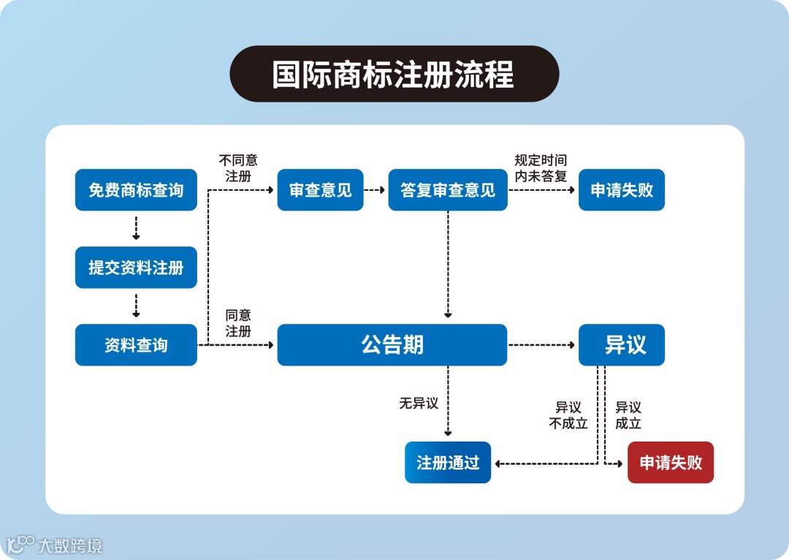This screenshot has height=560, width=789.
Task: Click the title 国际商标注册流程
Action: [394, 74]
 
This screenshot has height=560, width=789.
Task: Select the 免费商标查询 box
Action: [136, 190]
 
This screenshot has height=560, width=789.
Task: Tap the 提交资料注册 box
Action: [136, 268]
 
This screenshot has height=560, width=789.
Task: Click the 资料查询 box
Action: [136, 345]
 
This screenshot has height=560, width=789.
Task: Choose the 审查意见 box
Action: [320, 190]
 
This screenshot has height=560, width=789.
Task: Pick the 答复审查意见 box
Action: [447, 190]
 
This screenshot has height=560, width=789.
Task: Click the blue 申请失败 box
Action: [621, 190]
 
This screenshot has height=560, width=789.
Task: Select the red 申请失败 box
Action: [670, 463]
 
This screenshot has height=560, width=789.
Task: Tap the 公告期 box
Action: [392, 345]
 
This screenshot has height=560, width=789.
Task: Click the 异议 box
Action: [621, 345]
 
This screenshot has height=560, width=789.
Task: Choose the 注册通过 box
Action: [447, 463]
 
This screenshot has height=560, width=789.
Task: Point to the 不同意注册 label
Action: [238, 168]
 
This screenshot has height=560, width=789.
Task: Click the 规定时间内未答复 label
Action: [541, 168]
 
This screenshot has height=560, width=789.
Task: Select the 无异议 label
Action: [419, 404]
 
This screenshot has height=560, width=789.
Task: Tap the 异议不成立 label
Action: [568, 415]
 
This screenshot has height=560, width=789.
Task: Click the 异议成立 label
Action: [628, 415]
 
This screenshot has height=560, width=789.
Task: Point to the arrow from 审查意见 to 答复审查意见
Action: [375, 190]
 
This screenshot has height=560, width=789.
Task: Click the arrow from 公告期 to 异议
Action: [542, 345]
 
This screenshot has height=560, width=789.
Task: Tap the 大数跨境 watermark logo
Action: [55, 545]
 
